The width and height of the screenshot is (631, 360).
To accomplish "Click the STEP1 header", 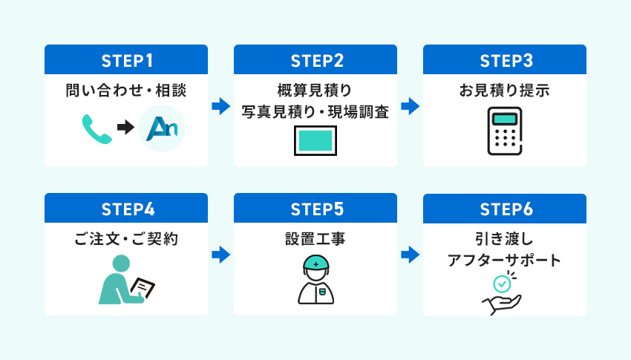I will tap(125, 59).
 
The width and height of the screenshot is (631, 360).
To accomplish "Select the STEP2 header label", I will tap(315, 59).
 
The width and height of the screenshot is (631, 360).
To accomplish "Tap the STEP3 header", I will tap(505, 59).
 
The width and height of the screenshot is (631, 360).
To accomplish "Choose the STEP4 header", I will tap(125, 209).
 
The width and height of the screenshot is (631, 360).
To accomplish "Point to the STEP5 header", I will tap(315, 209).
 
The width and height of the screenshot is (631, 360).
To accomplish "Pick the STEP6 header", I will tap(505, 209).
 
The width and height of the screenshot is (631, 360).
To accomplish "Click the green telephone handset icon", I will tap(97, 128).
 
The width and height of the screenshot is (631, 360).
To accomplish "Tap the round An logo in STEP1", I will tap(162, 128).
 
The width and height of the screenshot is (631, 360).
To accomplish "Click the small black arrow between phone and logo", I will tap(125, 128).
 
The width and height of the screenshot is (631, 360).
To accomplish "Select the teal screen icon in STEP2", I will tap(315, 140).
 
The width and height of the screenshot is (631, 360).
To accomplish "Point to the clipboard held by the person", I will tap(143, 287).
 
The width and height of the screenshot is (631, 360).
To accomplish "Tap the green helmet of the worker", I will tap(315, 262).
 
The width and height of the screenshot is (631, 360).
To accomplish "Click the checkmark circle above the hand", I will tap(503, 283).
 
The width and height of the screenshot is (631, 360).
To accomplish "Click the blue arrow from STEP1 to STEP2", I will tap(220, 106).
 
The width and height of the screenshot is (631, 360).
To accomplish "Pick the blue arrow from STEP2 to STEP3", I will tap(410, 106).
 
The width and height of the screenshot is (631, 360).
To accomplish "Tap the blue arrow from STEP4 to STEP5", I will tap(220, 255).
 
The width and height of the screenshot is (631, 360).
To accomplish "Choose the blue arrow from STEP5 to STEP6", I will tap(410, 255).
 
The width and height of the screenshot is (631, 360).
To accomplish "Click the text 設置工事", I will tap(315, 240).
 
